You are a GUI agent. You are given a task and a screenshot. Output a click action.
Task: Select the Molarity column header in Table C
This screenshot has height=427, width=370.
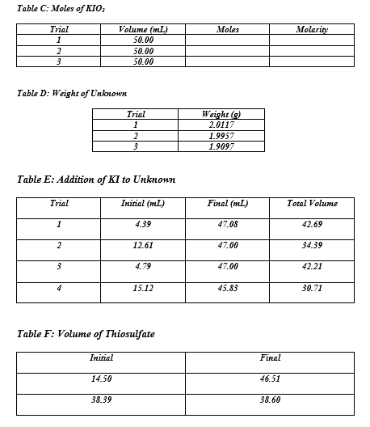pyautogui.click(x=311, y=29)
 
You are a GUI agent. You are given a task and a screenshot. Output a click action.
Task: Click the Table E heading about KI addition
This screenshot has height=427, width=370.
pyautogui.click(x=96, y=179)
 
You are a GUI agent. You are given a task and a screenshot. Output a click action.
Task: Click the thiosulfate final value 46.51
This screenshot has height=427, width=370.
pyautogui.click(x=270, y=378)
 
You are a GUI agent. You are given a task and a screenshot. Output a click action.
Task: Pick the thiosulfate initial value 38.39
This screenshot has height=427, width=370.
pyautogui.click(x=101, y=400)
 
